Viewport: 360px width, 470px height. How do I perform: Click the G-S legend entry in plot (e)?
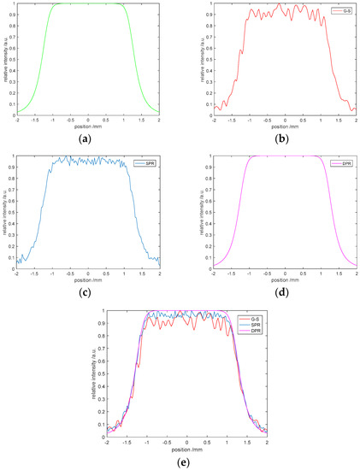tap(253, 318)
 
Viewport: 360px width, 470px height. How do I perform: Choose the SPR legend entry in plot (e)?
tap(253, 324)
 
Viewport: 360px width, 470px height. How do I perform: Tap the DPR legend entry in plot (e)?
tap(253, 330)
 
